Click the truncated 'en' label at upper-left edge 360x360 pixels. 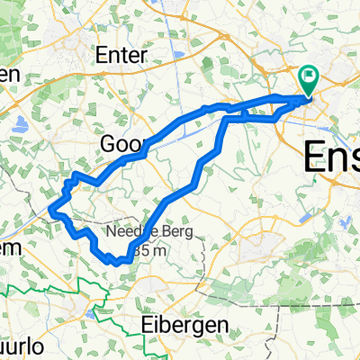9,76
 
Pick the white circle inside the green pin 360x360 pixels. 308,76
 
